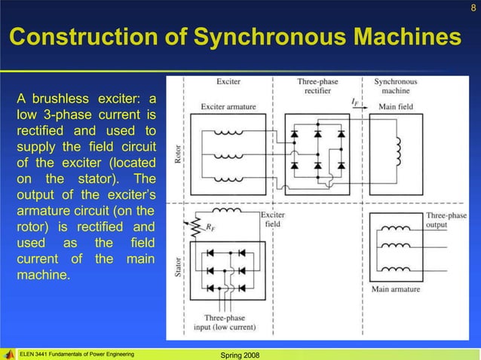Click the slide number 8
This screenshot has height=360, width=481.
473,8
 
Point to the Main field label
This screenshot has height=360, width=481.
397,107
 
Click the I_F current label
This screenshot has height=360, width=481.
354,100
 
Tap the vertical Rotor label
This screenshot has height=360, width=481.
178,154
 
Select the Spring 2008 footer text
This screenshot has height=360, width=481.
240,354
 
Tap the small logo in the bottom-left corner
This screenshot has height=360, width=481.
9,353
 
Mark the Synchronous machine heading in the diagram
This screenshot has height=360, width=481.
397,86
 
